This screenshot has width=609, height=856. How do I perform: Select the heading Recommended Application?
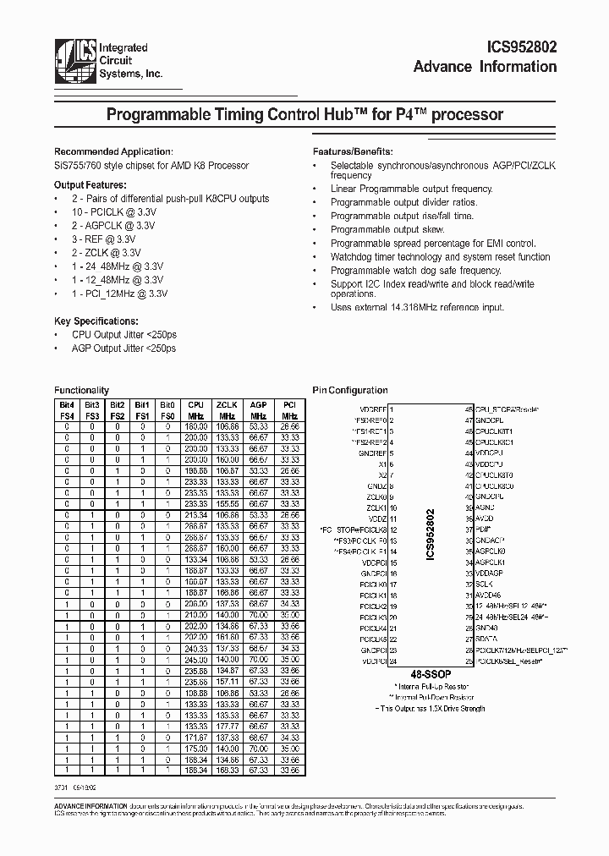pos(112,151)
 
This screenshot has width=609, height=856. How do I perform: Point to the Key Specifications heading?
pos(96,321)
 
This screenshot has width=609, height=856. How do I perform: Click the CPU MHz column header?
pos(196,410)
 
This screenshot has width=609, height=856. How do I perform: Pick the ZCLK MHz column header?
pos(227,410)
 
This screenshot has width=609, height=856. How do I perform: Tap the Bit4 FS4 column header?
pos(68,410)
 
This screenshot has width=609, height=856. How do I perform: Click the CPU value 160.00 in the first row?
pos(196,427)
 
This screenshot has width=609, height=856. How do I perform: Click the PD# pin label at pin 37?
pos(480,529)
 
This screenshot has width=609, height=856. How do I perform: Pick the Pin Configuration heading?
pos(350,390)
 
